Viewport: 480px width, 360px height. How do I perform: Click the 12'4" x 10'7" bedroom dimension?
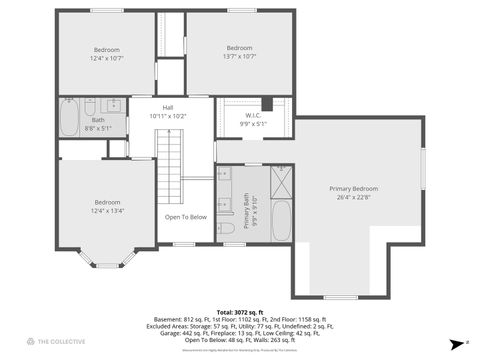(107, 58)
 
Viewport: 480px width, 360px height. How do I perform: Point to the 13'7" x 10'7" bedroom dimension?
(239, 56)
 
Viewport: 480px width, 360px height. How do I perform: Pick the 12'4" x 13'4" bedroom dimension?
(107, 210)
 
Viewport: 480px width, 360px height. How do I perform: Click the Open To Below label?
(186, 217)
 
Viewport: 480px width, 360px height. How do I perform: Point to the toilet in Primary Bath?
(228, 229)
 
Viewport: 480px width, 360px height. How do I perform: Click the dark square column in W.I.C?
(267, 103)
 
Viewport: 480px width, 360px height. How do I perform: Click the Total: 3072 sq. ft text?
(240, 313)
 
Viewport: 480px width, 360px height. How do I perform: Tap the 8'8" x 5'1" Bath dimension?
(98, 128)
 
